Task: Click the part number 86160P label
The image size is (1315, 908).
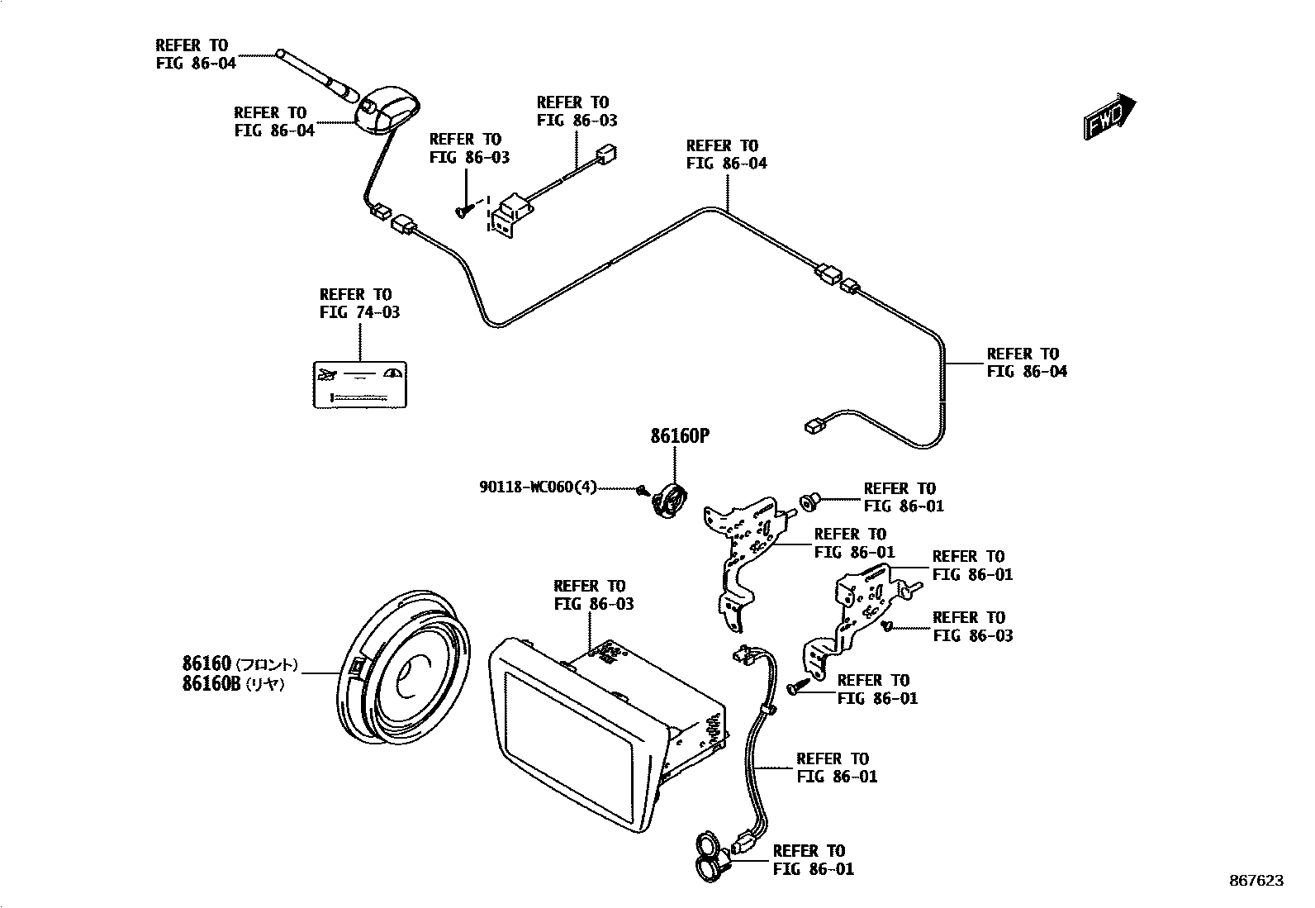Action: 679,436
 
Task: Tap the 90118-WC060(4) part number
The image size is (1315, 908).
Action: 538,487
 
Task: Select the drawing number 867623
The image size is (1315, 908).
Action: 1255,881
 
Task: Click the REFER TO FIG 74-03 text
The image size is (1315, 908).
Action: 355,303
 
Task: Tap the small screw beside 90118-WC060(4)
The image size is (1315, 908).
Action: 642,490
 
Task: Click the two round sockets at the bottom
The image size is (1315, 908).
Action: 709,856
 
